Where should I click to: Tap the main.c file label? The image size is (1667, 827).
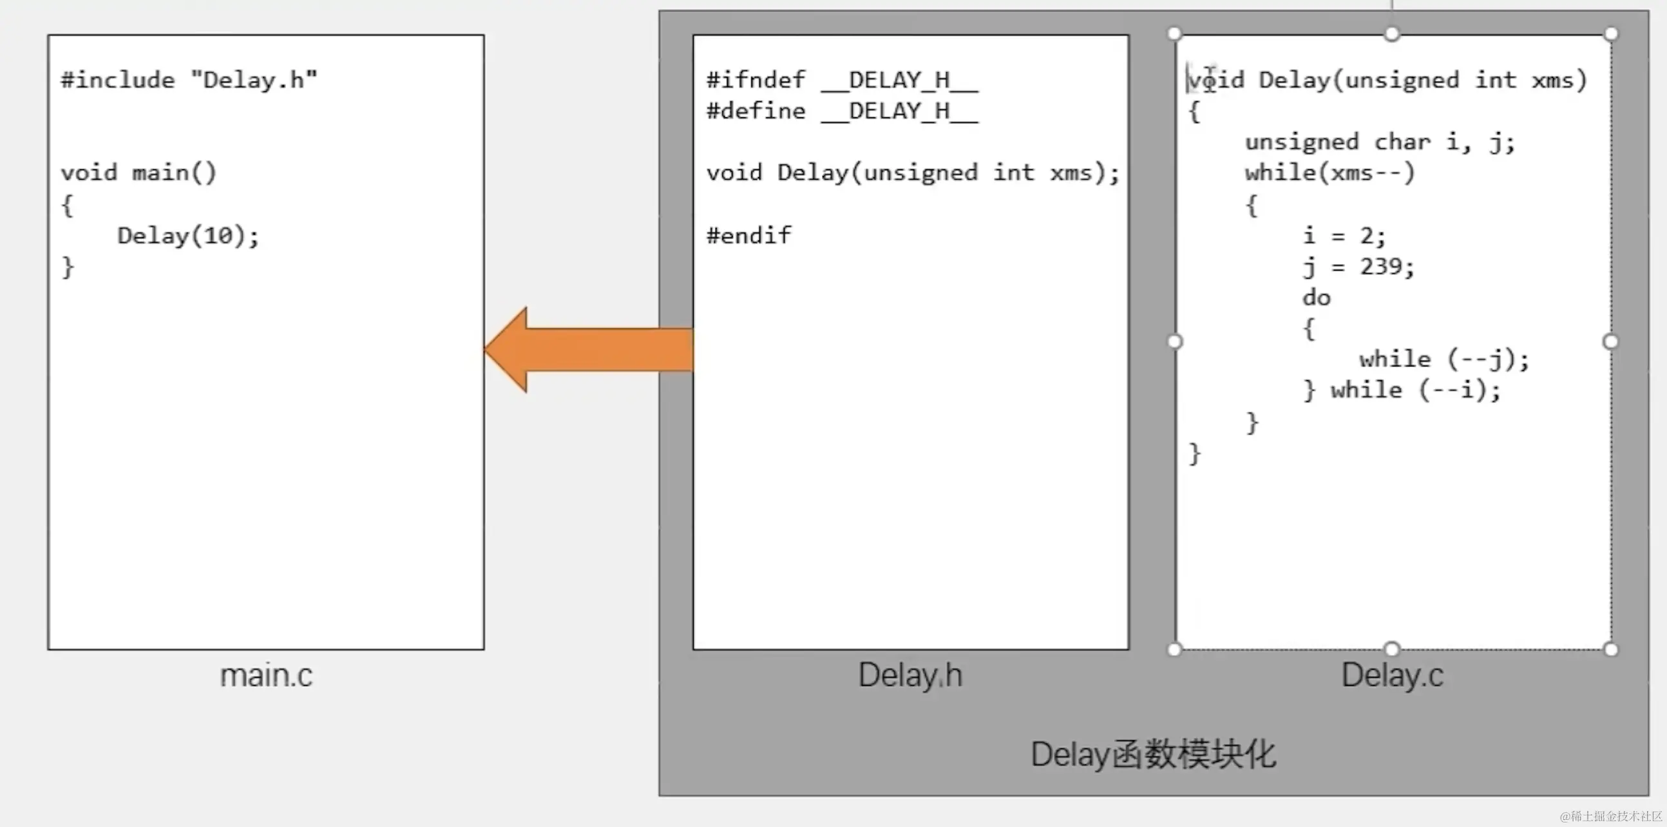(x=266, y=676)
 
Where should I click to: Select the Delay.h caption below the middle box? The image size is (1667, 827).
(x=910, y=676)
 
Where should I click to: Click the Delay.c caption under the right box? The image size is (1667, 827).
(x=1392, y=676)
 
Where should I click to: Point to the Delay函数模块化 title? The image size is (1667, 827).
(x=1153, y=754)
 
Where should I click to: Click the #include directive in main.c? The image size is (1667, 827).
(x=189, y=81)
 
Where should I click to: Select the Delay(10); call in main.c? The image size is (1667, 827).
(x=187, y=236)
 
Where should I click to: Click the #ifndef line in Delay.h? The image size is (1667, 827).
(x=842, y=81)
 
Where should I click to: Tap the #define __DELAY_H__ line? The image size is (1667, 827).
(x=842, y=111)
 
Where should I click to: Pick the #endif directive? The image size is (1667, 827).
(x=748, y=236)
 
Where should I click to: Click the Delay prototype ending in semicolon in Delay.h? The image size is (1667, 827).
(x=913, y=173)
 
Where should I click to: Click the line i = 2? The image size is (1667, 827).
(x=1344, y=236)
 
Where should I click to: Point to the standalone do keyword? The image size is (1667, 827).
(x=1316, y=298)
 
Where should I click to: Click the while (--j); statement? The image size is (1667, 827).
(x=1443, y=360)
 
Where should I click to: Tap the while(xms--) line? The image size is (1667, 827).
(x=1330, y=173)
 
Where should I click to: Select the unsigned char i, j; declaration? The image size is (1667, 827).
(x=1380, y=142)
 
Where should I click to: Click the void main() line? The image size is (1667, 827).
(x=138, y=173)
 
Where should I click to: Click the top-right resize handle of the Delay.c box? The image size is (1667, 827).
(x=1611, y=33)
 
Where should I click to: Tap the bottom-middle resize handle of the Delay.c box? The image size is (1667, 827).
(x=1392, y=649)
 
